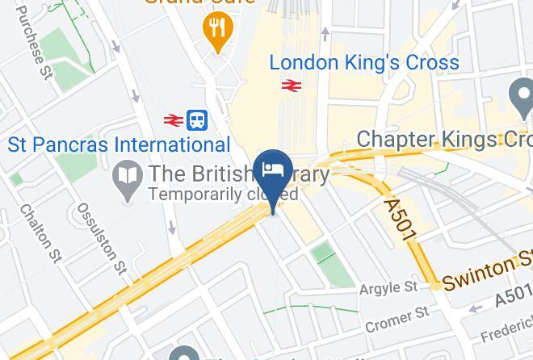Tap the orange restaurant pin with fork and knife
point(216,31)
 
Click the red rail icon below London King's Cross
point(291,85)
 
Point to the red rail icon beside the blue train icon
point(171,120)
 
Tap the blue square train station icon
point(197,120)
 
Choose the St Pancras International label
point(119,145)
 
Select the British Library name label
point(238,174)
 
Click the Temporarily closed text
point(224,195)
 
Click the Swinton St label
point(487,269)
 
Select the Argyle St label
point(388,287)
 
